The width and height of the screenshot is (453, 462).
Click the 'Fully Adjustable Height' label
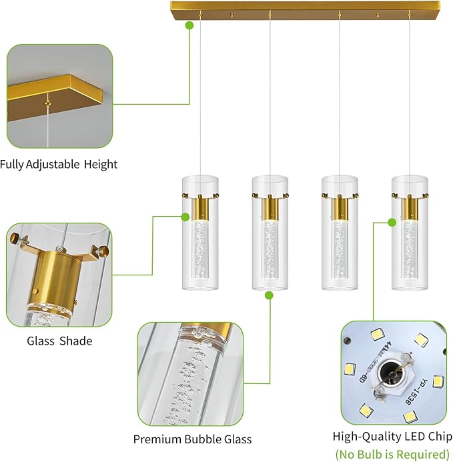tap(59, 164)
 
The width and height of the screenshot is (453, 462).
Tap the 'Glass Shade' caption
tap(59, 341)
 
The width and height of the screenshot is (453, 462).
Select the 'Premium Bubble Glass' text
tap(192, 439)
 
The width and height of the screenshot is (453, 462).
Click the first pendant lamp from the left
tap(200, 233)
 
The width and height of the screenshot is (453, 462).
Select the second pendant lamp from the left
tap(270, 233)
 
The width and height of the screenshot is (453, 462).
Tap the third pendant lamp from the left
tap(340, 233)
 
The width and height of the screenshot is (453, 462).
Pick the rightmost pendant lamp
tap(409, 233)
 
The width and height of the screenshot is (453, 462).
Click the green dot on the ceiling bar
tap(189, 25)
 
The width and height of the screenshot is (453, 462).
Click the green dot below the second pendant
tap(269, 295)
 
